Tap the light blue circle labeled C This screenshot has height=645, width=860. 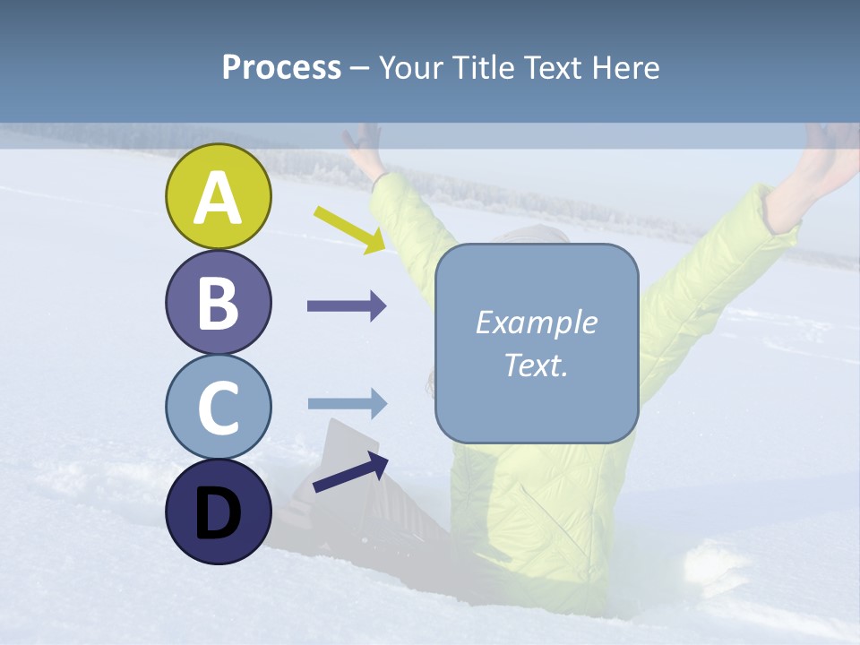[219, 407]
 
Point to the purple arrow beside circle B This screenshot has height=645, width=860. [347, 306]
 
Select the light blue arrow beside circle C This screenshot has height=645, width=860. [347, 404]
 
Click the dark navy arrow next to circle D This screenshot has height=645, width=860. [350, 472]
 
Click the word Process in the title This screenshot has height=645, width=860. [281, 67]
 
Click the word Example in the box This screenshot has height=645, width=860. [536, 322]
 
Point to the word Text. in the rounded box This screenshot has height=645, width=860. [536, 365]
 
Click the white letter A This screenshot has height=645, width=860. [219, 198]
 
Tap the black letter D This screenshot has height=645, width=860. [219, 513]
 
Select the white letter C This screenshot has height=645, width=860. [219, 407]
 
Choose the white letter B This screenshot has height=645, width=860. [219, 302]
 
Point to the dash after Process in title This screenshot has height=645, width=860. [360, 68]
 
